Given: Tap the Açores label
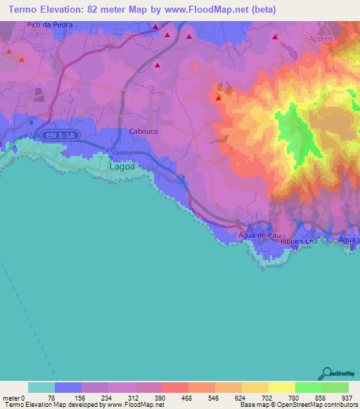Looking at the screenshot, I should coord(321,39).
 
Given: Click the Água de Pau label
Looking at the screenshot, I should coord(257,235).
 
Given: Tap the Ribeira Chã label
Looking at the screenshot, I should coord(300,241).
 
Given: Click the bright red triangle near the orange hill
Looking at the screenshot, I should coord(219,98).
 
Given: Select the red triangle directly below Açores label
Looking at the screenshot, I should coord(275,37).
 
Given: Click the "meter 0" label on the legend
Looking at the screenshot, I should coord(13,397).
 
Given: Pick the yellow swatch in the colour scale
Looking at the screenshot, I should coord(281,387).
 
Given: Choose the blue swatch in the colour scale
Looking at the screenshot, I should coord(68,387).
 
